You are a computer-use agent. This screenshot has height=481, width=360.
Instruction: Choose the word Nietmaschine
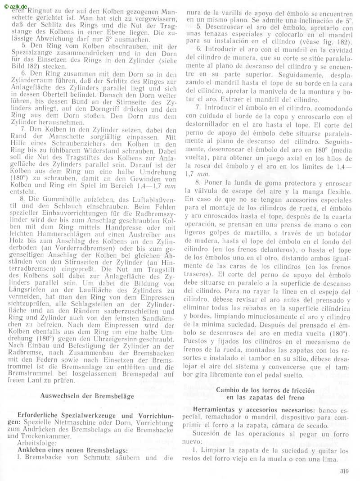72,422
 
